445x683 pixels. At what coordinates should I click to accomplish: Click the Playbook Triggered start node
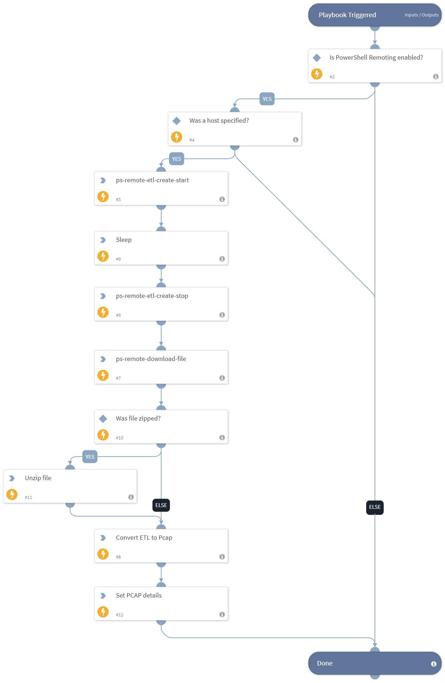[347, 15]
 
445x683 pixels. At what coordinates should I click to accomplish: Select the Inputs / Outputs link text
[421, 15]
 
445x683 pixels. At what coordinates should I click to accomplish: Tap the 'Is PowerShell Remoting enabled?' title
[376, 57]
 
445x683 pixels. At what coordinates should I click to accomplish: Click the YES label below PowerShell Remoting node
[267, 99]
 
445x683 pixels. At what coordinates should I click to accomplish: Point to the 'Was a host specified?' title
[219, 121]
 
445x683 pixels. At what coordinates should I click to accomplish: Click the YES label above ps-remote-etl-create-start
[177, 159]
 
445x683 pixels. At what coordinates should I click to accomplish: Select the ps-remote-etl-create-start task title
[152, 180]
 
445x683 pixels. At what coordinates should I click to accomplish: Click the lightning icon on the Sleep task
[103, 256]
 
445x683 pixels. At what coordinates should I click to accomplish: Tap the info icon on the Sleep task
[222, 259]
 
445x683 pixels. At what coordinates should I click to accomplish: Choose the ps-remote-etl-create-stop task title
[152, 296]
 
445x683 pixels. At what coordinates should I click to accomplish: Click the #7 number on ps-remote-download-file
[118, 378]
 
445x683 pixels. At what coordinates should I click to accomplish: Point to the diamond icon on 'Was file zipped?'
[103, 418]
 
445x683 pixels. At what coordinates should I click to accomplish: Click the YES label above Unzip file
[90, 457]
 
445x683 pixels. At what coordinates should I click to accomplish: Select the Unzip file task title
[38, 478]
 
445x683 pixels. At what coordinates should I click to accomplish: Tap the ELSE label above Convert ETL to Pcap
[161, 505]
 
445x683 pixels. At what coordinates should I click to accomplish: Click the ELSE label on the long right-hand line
[375, 507]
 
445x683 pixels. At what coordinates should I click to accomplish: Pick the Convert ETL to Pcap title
[144, 538]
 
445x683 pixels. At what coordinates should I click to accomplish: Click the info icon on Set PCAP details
[222, 615]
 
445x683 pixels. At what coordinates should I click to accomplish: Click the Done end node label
[325, 663]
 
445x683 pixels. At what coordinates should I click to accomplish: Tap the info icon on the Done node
[434, 664]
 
